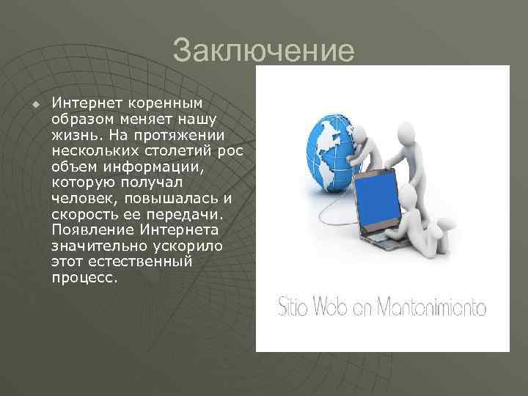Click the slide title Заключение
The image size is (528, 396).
click(x=263, y=51)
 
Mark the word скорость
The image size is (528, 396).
click(x=81, y=213)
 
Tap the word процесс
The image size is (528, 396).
click(x=84, y=277)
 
